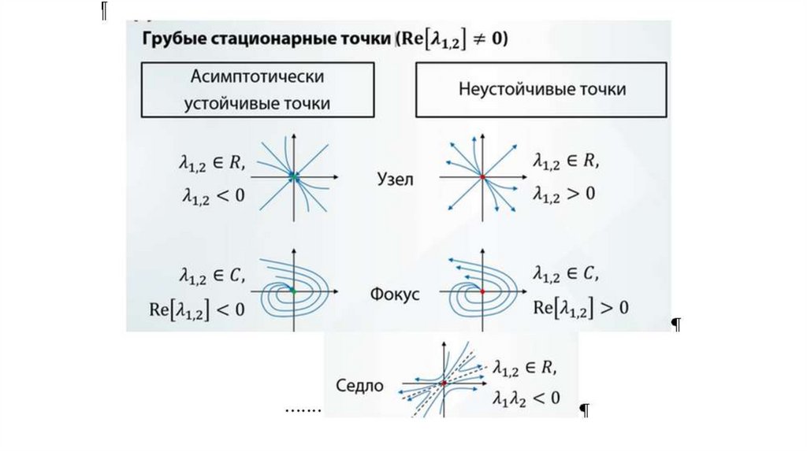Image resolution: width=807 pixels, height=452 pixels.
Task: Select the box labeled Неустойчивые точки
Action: [x=542, y=90]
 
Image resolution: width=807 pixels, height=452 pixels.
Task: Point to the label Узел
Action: [x=395, y=180]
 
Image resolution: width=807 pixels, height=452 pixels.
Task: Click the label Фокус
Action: [x=395, y=295]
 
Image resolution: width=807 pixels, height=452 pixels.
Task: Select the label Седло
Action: [x=359, y=386]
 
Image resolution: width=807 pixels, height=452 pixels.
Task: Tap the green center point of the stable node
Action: [x=293, y=176]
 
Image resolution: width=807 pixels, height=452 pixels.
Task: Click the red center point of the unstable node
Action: [x=482, y=176]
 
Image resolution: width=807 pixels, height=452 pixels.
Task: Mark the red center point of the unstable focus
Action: [x=482, y=291]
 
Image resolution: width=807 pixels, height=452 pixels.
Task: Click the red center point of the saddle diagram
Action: [x=444, y=383]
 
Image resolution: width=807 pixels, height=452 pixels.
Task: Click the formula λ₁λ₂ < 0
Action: [x=527, y=398]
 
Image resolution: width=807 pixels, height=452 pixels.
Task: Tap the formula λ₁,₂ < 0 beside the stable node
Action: [x=210, y=195]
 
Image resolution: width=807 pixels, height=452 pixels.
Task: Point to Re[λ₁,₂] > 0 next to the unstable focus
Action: [x=581, y=307]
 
